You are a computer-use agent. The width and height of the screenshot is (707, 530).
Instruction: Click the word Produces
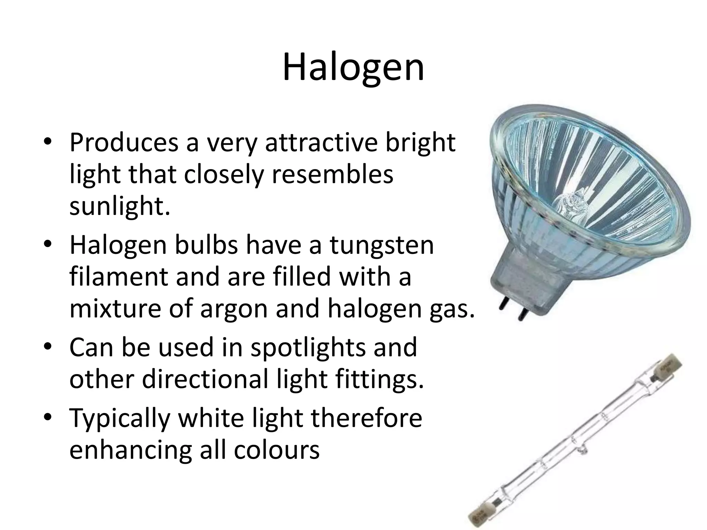(x=124, y=142)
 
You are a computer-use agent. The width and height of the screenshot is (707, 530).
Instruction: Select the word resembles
(x=332, y=174)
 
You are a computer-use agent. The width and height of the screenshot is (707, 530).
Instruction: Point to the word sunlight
(x=120, y=206)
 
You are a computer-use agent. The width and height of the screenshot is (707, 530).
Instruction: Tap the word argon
(x=234, y=309)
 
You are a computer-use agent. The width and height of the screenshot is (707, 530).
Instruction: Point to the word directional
(x=205, y=380)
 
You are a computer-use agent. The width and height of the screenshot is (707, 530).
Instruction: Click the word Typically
(x=120, y=418)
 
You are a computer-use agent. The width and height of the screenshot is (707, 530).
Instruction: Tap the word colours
(x=277, y=450)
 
